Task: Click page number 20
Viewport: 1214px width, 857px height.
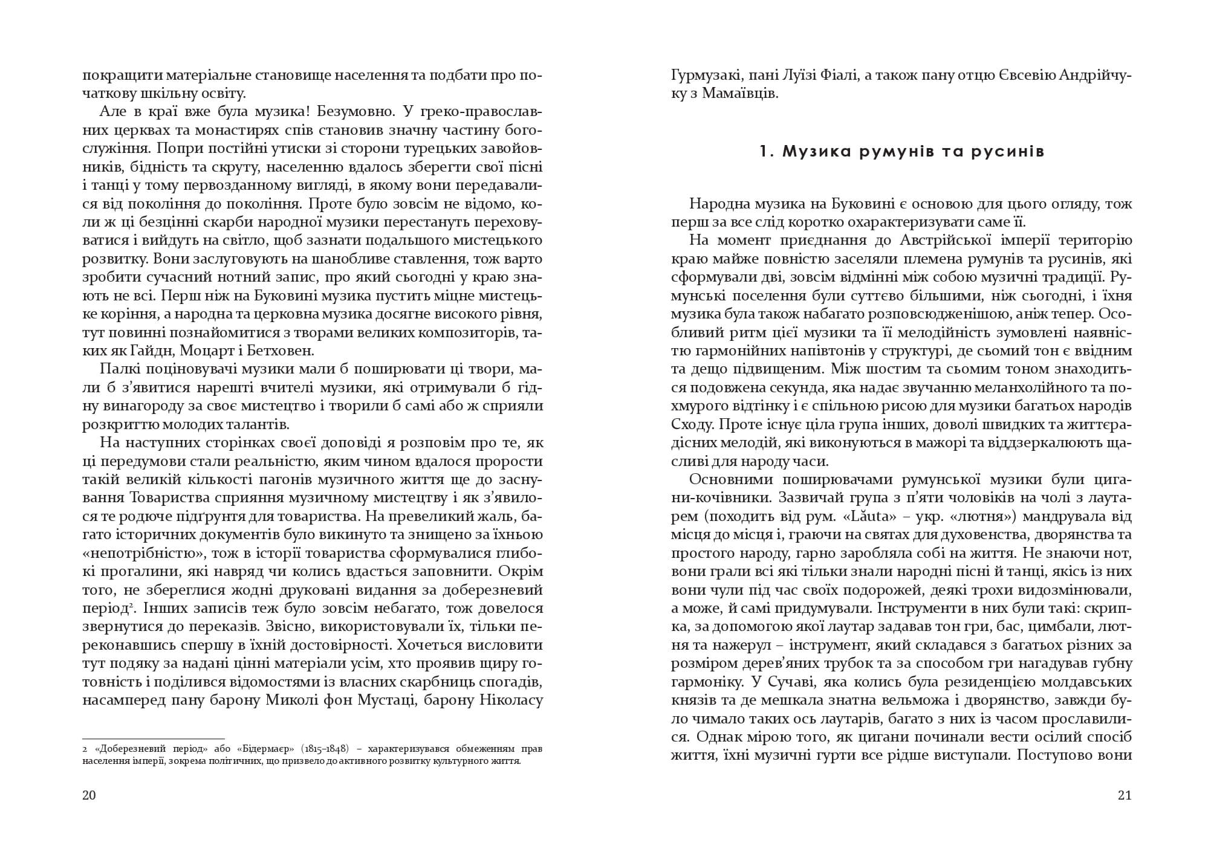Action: [x=89, y=795]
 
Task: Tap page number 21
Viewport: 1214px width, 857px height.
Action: [x=1125, y=795]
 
